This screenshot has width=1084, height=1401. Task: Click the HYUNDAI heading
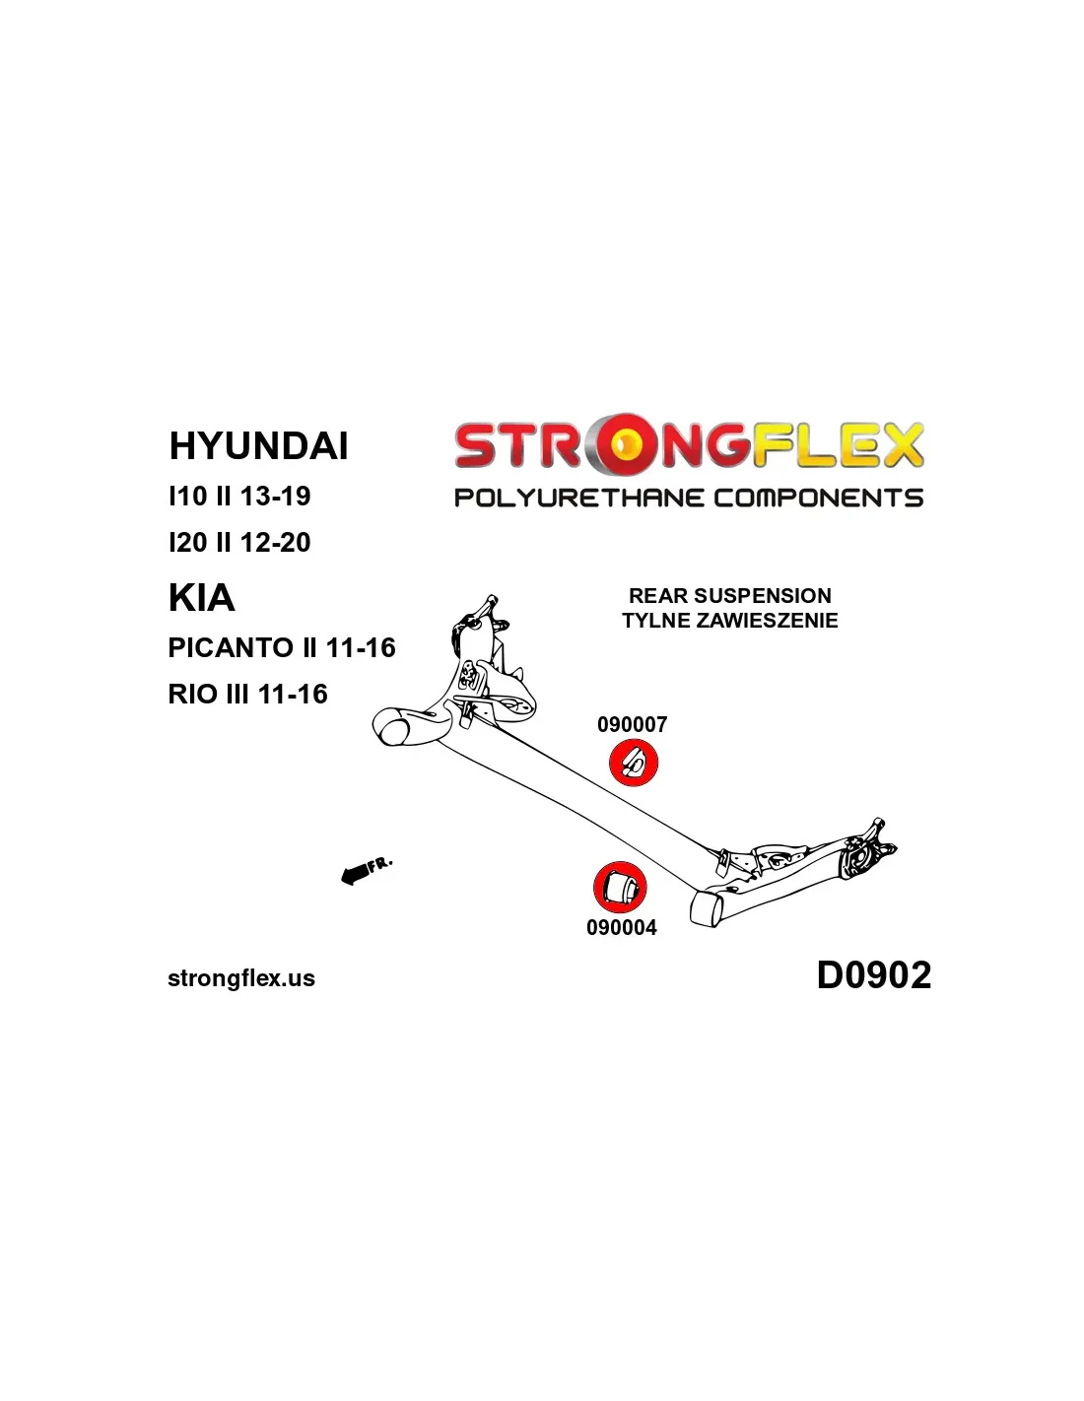pos(258,445)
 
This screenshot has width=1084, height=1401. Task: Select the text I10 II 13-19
pos(239,496)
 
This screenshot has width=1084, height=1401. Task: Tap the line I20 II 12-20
pos(239,542)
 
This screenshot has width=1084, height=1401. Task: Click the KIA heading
pos(201,598)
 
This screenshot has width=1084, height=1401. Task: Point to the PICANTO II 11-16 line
pos(281,647)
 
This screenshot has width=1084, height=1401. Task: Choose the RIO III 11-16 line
pos(247,694)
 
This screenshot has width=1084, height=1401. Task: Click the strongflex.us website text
pos(241,978)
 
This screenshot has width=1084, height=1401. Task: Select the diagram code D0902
pos(874,974)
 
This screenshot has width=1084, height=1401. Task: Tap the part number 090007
pos(632,725)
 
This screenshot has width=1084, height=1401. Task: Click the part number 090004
pos(622,927)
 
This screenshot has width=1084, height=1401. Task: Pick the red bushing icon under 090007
pos(634,762)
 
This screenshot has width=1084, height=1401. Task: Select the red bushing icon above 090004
pos(620,887)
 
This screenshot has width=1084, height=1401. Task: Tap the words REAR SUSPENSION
pos(730,596)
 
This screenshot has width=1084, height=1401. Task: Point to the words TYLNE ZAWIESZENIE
pos(730,621)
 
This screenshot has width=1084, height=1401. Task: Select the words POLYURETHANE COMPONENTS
pos(689,498)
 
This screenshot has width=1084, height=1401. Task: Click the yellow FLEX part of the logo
pos(837,445)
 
